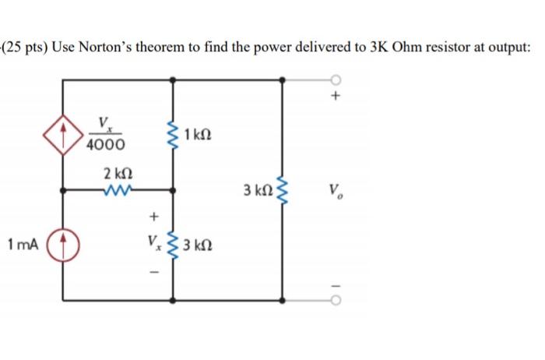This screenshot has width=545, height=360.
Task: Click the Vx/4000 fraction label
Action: pyautogui.click(x=103, y=134)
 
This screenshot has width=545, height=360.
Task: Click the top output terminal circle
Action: pyautogui.click(x=336, y=79)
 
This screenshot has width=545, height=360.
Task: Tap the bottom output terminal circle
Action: pyautogui.click(x=336, y=299)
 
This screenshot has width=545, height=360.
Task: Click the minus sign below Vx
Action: pyautogui.click(x=153, y=273)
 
